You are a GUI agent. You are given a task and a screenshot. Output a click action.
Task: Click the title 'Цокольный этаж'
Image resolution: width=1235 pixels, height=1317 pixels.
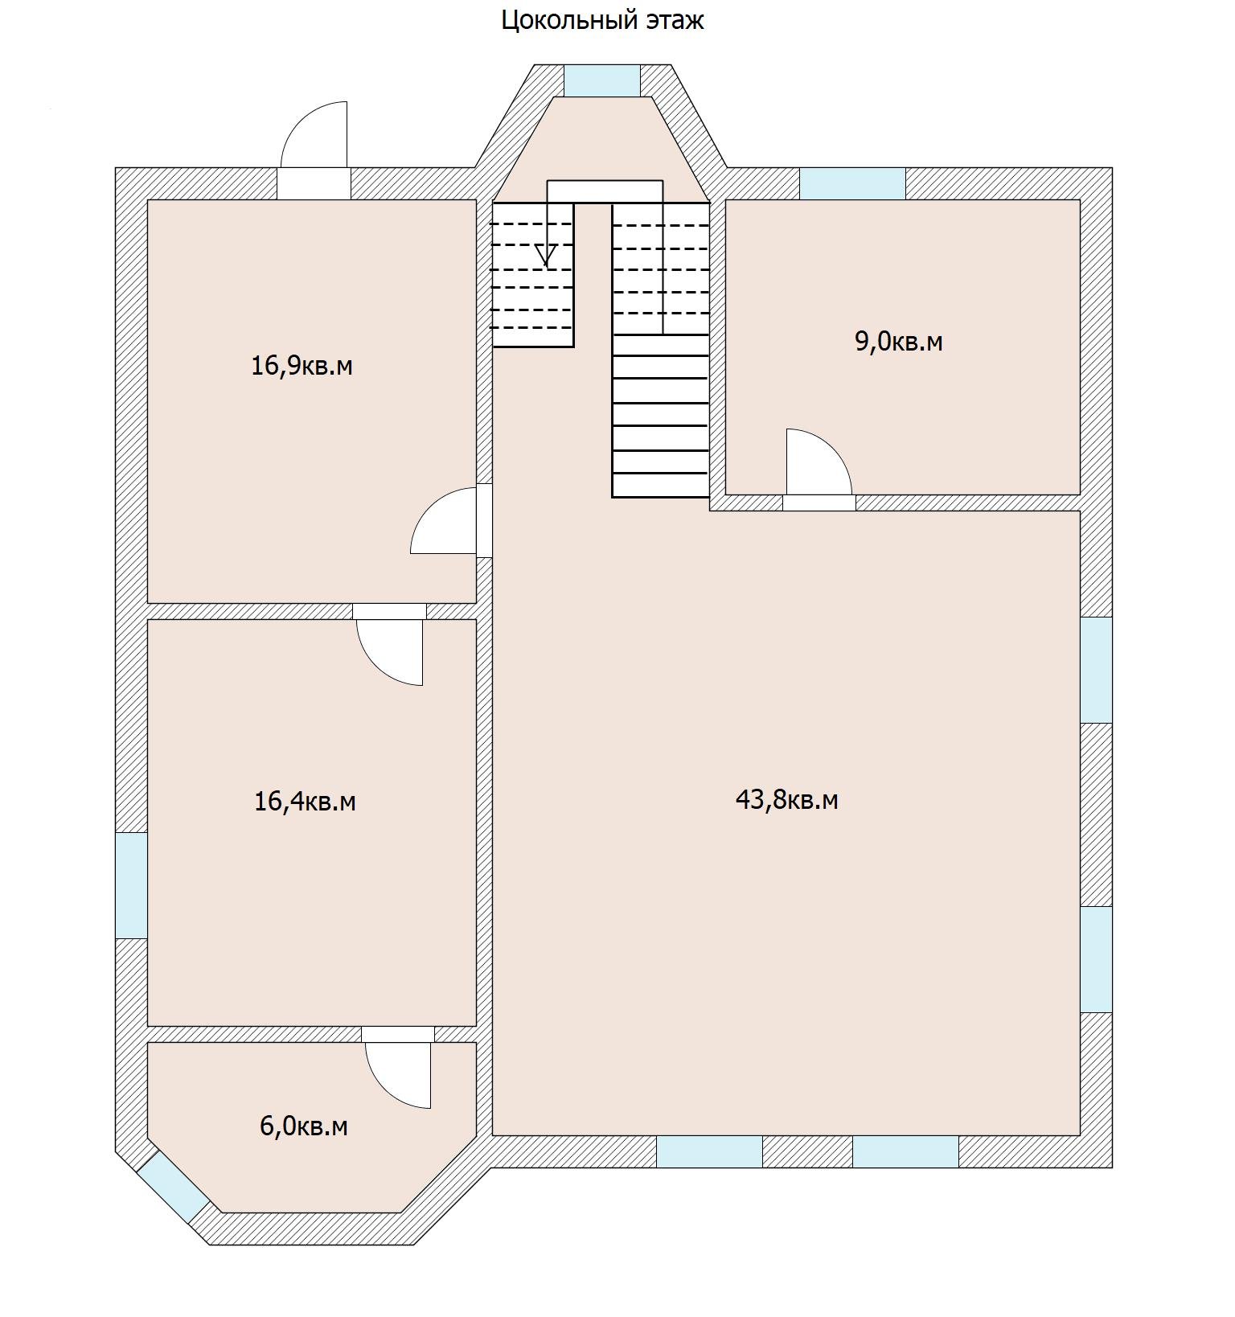pos(602,20)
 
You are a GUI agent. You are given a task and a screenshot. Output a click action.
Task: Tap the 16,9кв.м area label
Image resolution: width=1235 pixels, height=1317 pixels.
pos(302,367)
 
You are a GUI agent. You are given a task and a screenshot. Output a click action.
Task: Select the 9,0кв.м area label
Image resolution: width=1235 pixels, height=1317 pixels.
pos(898,342)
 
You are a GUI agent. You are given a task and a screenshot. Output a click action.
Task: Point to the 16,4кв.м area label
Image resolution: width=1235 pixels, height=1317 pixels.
pos(305,802)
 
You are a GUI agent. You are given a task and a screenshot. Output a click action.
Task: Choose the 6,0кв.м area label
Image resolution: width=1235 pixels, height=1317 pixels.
pos(303,1126)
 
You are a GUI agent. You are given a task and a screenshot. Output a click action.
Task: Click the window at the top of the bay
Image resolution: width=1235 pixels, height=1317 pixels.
pos(601,80)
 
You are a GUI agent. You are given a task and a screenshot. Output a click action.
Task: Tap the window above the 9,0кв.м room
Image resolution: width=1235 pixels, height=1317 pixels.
pos(852,183)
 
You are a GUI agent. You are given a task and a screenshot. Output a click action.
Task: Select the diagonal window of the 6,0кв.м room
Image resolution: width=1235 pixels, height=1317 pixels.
pos(173,1188)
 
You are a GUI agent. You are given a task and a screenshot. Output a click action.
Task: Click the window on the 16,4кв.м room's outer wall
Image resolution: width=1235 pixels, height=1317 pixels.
pos(132,885)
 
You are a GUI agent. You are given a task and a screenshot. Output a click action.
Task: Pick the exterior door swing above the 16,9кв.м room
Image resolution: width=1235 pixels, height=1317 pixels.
pos(314,134)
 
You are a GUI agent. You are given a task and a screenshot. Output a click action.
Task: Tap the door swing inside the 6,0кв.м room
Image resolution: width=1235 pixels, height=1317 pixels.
pos(398,1075)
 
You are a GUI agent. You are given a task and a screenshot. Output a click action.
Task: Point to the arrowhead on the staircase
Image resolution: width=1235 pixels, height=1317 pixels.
pos(547,256)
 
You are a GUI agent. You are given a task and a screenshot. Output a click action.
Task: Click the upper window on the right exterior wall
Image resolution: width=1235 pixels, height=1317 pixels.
pos(1096,670)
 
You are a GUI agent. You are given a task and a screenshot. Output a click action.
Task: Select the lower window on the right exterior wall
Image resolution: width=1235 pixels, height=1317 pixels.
pos(1096,959)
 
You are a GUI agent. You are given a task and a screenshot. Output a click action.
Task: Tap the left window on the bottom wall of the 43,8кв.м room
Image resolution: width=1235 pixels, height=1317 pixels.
pos(709,1151)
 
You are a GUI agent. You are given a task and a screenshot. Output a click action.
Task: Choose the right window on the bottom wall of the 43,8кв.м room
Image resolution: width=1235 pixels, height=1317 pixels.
pos(905,1151)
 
